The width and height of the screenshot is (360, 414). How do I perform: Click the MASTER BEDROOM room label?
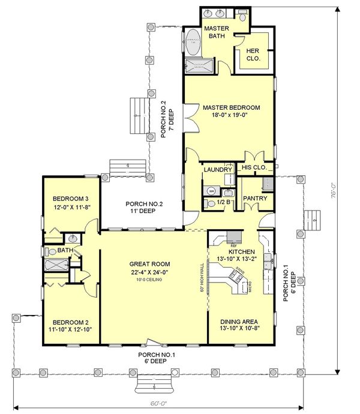pyautogui.click(x=231, y=107)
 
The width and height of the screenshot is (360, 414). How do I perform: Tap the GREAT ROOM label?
pyautogui.click(x=150, y=264)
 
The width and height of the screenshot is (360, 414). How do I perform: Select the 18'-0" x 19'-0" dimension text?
pyautogui.click(x=231, y=116)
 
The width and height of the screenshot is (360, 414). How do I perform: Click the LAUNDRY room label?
pyautogui.click(x=217, y=170)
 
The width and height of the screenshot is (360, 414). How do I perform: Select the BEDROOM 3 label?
pyautogui.click(x=70, y=199)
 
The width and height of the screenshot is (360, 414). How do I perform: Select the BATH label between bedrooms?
pyautogui.click(x=61, y=250)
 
